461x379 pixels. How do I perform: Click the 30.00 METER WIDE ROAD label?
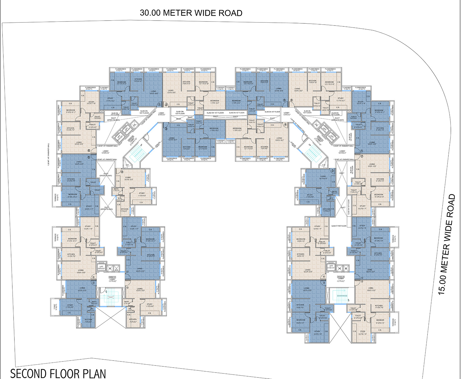coord(191,13)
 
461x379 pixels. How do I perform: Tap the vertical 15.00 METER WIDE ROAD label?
coord(447,244)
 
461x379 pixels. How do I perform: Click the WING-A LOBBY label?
coord(112,279)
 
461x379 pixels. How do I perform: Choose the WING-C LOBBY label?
coord(341,279)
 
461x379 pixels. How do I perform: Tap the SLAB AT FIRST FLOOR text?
coord(339,226)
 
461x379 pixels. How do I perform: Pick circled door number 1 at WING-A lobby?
coord(127,272)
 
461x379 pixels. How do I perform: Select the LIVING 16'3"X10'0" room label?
coord(323,177)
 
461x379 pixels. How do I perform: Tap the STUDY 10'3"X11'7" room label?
coord(317,227)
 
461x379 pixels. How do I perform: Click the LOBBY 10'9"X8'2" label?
coord(105,152)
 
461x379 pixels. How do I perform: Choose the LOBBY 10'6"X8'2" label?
coord(342,152)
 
